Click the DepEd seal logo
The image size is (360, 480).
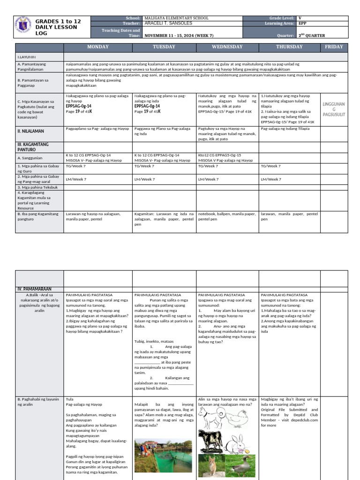click(24, 27)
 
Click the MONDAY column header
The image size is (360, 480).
click(98, 47)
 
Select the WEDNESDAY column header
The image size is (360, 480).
click(227, 47)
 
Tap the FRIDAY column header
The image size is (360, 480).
click(334, 47)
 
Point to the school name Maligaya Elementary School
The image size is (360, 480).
click(177, 18)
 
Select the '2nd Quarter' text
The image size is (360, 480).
click(312, 35)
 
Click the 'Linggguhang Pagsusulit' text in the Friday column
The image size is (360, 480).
click(334, 109)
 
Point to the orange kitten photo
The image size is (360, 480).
click(211, 466)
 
